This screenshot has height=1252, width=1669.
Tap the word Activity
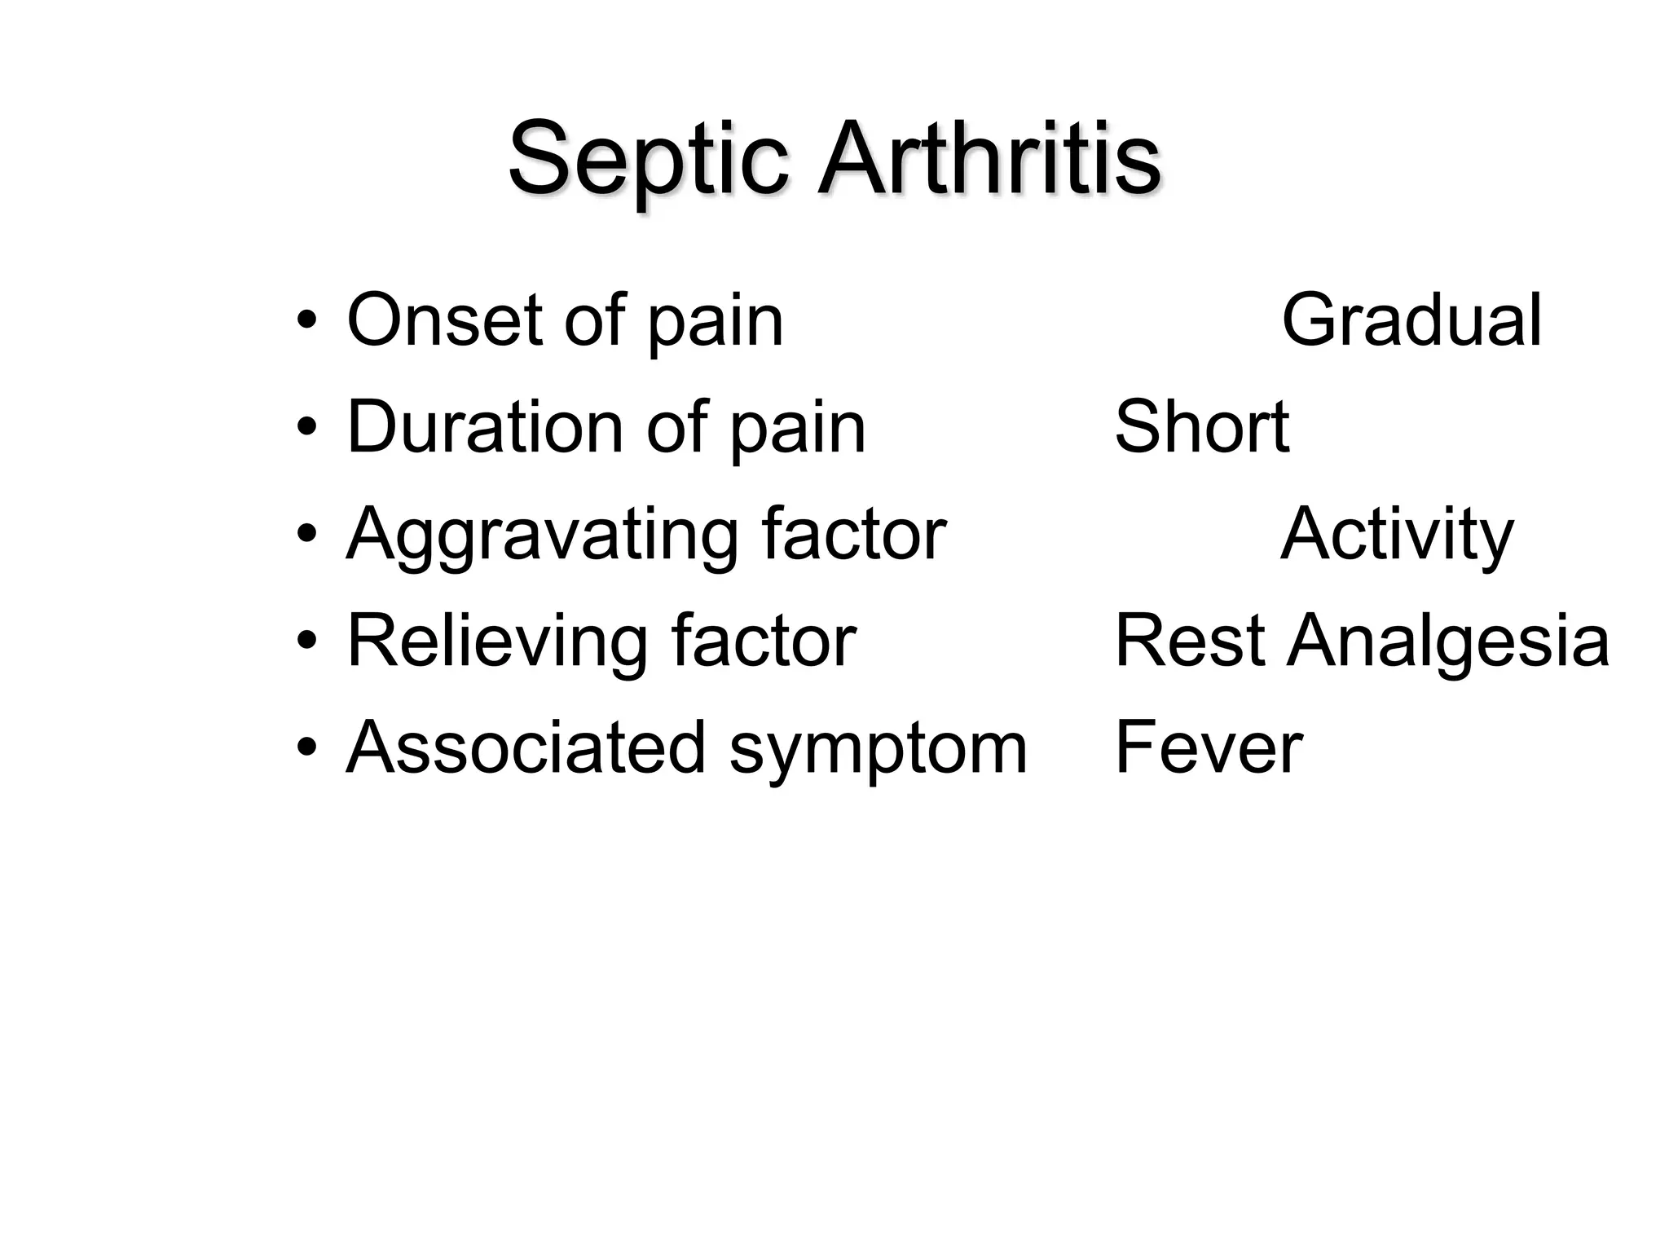pos(1397,536)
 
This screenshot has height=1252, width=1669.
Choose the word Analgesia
pos(1447,642)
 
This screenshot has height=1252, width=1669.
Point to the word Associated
pos(526,747)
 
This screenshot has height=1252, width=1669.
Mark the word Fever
pos(1208,747)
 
